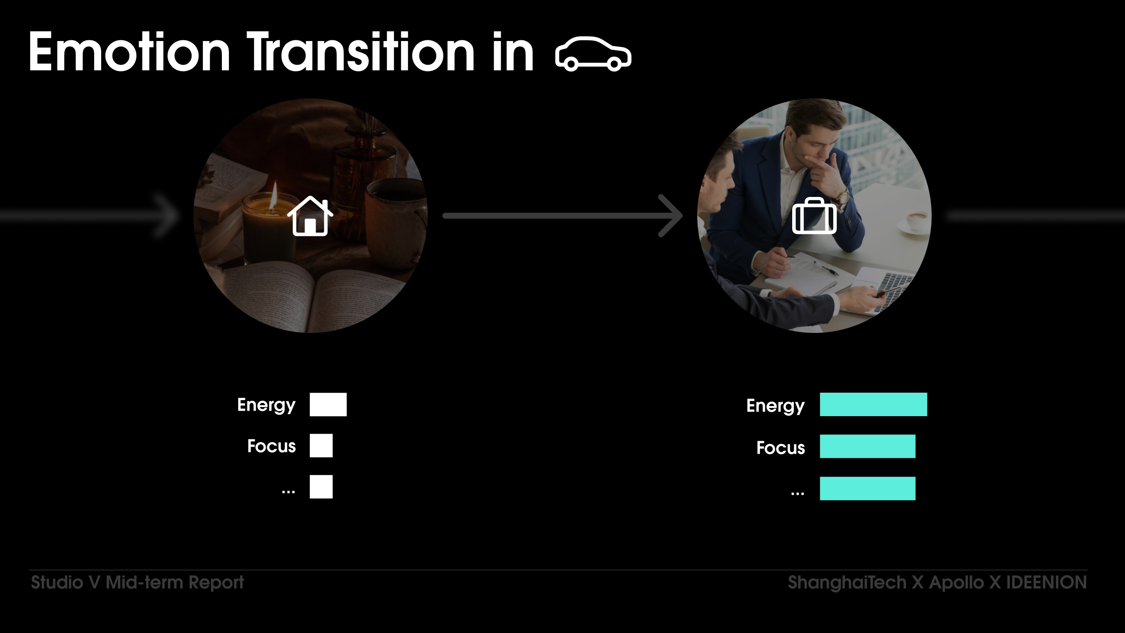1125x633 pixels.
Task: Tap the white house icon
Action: pos(310,216)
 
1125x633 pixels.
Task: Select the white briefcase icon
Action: pos(814,216)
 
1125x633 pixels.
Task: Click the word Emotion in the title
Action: pos(129,52)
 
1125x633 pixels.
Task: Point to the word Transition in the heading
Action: pos(361,52)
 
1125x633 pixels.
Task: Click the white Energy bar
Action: pos(328,404)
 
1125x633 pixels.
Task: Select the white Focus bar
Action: pos(321,445)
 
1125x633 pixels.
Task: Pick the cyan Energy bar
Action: pos(873,404)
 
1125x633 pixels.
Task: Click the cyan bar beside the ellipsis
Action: pos(867,488)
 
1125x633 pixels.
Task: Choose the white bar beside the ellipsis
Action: pos(321,486)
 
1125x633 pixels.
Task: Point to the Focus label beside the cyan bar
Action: pos(780,448)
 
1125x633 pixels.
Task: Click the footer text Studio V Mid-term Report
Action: pos(137,583)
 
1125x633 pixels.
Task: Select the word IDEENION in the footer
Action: pos(1047,582)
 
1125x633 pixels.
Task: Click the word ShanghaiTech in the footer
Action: pos(847,583)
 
